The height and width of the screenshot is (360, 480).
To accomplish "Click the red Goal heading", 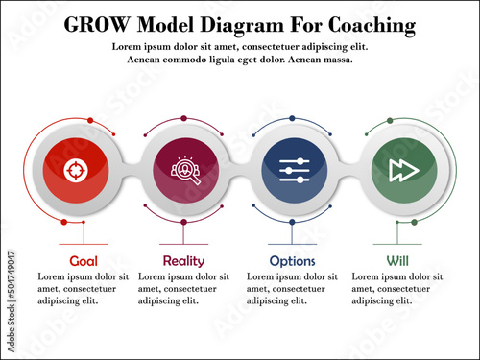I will (x=84, y=260).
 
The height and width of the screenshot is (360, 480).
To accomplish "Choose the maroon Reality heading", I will (x=183, y=260).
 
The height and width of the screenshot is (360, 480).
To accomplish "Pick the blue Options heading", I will (x=292, y=260).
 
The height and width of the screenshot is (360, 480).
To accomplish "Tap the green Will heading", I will (x=396, y=260).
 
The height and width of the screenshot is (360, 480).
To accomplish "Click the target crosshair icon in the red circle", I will (x=74, y=170).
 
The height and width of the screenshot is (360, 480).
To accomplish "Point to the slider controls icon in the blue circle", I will (x=293, y=170).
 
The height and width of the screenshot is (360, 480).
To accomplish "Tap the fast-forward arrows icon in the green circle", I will (x=400, y=170).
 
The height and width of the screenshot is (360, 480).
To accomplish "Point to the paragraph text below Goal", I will (x=84, y=288).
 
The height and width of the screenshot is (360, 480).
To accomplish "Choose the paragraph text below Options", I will (x=293, y=288).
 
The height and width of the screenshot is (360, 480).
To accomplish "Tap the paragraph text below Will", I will (x=397, y=288).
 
